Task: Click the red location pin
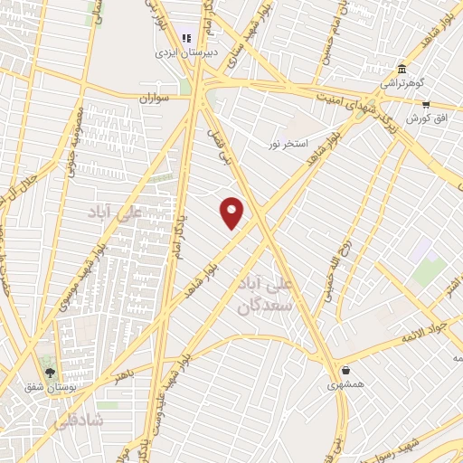pos(232,212)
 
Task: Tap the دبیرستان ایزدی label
pos(177,53)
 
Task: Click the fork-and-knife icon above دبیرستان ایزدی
pos(186,38)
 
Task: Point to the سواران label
pos(156,96)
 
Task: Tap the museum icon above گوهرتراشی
pos(402,69)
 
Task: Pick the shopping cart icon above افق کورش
pos(426,105)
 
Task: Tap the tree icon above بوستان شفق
pos(51,372)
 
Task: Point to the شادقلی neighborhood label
pos(86,421)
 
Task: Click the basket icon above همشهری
pos(346,368)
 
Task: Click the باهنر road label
pos(124,373)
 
